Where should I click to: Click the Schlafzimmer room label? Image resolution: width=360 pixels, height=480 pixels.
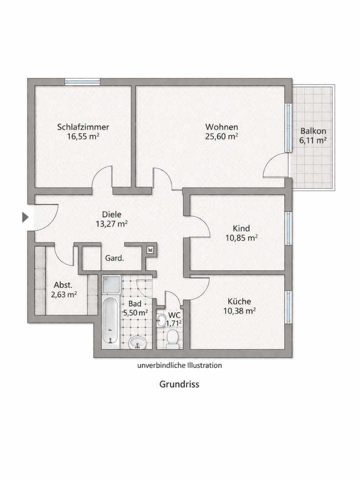tap(83, 126)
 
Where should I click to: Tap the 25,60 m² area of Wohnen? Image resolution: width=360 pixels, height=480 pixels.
tap(221, 135)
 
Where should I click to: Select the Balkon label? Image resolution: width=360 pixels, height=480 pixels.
tap(313, 131)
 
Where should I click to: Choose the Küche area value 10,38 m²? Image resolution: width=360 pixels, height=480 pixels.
tap(239, 310)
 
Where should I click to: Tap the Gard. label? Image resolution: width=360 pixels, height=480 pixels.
tap(114, 259)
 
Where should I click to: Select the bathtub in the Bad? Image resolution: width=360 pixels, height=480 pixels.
tap(110, 322)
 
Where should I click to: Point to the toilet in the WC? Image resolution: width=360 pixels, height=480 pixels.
tap(173, 338)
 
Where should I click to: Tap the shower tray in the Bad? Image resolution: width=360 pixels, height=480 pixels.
tap(111, 285)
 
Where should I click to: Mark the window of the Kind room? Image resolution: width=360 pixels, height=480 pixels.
tap(288, 228)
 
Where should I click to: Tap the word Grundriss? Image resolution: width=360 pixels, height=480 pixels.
tap(179, 384)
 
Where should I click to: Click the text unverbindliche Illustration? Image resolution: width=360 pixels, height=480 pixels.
tap(179, 365)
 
